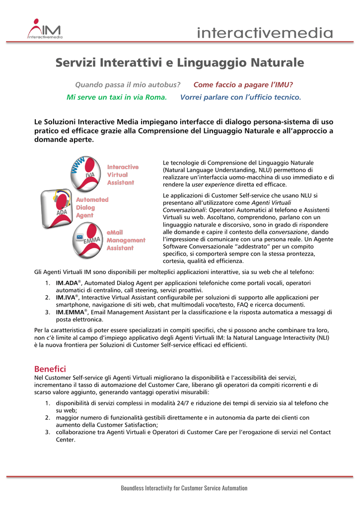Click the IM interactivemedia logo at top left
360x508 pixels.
coord(45,29)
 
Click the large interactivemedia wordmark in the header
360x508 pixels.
coord(265,33)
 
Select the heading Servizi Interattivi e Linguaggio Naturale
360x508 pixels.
coord(179,63)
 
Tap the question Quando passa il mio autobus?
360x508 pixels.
coord(127,85)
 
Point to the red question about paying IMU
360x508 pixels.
coord(243,85)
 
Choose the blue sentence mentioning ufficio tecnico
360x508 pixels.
coord(240,97)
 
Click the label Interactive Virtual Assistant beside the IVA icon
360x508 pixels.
coord(123,175)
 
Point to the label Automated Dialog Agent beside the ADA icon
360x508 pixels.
coord(92,207)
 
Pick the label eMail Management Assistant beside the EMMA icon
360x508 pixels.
coord(126,240)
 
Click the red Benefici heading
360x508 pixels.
coord(50,369)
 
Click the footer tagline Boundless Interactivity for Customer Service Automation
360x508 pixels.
coord(184,488)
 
